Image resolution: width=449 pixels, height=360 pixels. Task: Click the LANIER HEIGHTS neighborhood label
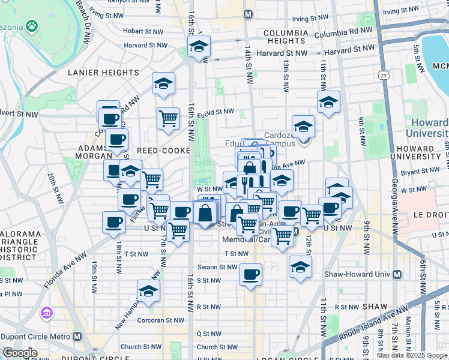tap(104, 73)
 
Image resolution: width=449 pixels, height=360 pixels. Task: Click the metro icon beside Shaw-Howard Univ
tap(397, 275)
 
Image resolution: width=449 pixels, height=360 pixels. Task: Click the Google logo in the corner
tap(20, 353)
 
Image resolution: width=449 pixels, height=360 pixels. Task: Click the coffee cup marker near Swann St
tap(251, 274)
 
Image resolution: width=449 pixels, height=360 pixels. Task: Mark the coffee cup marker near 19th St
tap(113, 223)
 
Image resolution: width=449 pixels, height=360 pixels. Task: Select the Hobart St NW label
tap(143, 31)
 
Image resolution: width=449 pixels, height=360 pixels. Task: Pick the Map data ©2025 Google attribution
tap(412, 355)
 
